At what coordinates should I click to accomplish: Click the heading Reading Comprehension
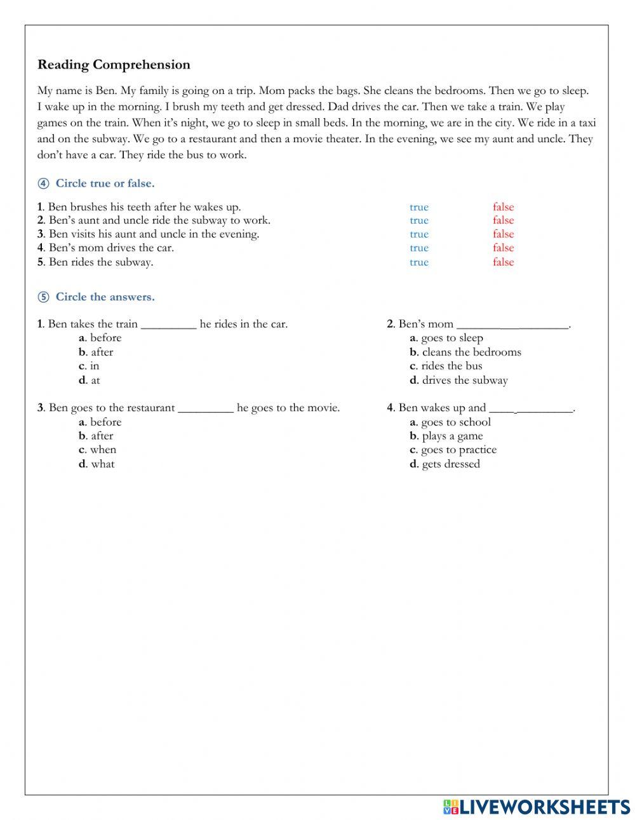tap(114, 65)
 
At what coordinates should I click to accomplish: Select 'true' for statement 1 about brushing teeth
tap(419, 207)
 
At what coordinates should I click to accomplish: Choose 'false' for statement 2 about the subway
tap(503, 220)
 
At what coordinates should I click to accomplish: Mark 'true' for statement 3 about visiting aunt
tap(419, 234)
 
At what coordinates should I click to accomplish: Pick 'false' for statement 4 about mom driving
tap(503, 248)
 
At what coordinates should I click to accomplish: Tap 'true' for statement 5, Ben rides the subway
tap(419, 262)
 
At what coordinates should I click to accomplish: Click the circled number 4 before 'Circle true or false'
tap(43, 184)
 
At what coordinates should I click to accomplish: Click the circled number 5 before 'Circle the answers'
tap(43, 297)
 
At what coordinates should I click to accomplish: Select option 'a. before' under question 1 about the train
tap(100, 338)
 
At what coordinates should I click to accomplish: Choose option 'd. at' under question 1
tap(90, 380)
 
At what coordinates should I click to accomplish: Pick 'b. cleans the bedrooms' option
tap(465, 352)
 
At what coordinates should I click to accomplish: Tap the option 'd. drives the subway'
tap(459, 380)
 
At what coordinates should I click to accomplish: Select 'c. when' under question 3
tap(98, 450)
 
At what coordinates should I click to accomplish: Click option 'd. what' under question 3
tap(97, 464)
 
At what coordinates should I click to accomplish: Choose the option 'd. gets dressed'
tap(445, 464)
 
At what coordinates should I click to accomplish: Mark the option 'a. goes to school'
tap(450, 422)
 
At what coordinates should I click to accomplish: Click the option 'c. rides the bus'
tap(446, 366)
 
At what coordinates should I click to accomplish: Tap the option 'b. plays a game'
tap(446, 436)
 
